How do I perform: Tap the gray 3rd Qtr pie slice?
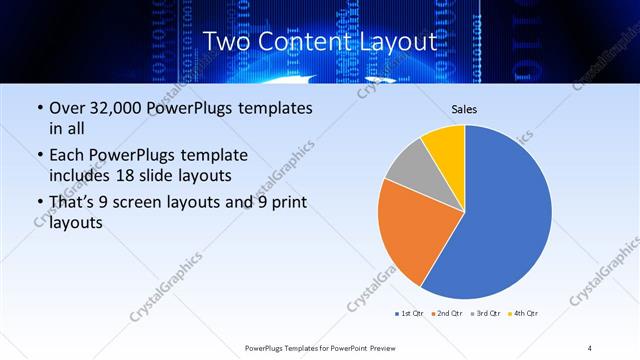coord(406,170)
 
